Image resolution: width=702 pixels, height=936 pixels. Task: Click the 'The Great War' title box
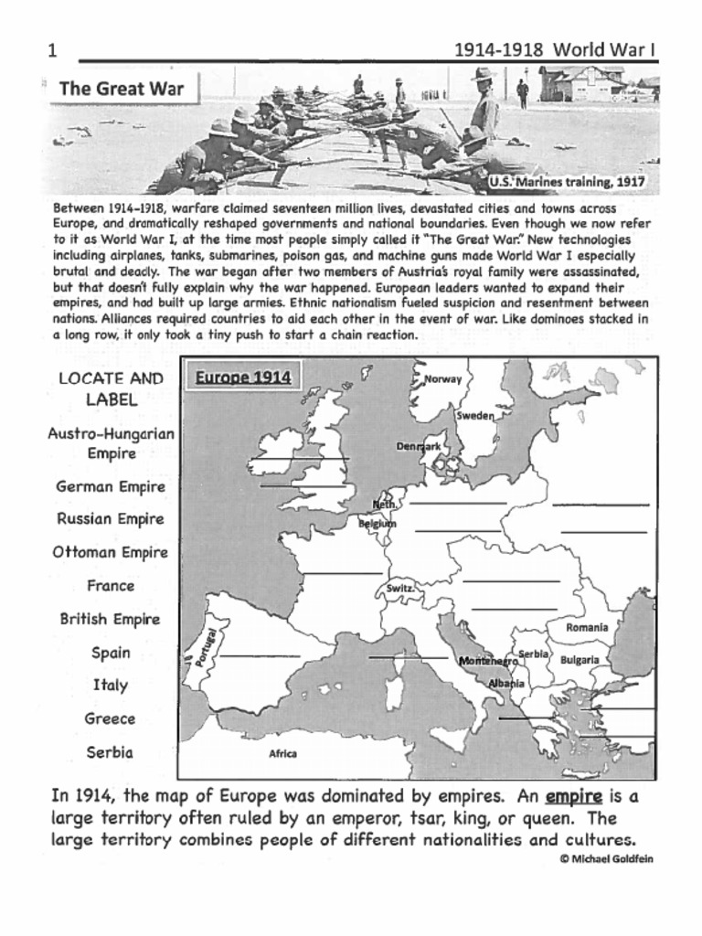click(121, 89)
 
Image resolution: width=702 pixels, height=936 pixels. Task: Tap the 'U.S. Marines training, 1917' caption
click(568, 182)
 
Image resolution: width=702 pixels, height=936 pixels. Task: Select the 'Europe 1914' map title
click(243, 378)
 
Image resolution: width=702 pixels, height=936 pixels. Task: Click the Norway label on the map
click(443, 379)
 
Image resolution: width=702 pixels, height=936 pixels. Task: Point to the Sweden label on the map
click(475, 416)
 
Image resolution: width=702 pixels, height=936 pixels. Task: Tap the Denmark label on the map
click(419, 446)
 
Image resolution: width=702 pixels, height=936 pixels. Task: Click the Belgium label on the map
click(378, 524)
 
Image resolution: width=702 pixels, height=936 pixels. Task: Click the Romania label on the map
click(587, 628)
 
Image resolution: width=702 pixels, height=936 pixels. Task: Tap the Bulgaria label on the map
click(580, 659)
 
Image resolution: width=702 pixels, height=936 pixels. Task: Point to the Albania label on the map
click(506, 683)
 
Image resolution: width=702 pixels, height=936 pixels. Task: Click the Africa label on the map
click(282, 754)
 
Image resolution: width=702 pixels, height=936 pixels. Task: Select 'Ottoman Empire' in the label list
click(111, 552)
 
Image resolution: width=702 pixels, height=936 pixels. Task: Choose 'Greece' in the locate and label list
click(111, 718)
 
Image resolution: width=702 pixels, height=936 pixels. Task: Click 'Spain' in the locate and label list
click(111, 653)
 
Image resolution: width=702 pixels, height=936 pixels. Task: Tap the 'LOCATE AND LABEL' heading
click(111, 388)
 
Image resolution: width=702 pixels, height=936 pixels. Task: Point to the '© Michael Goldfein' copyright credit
click(606, 858)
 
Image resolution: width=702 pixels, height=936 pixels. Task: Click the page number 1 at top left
click(52, 51)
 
